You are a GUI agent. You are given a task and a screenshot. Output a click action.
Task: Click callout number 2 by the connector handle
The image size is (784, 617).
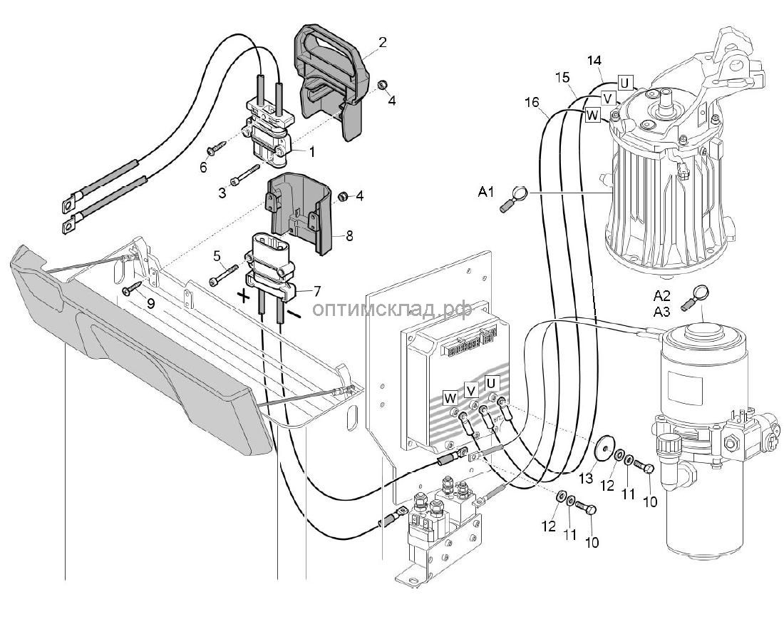[x=383, y=42]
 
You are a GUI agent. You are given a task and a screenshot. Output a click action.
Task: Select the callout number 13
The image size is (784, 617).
[x=585, y=476]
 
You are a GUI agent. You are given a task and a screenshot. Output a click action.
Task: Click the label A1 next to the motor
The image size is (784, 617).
[x=488, y=191]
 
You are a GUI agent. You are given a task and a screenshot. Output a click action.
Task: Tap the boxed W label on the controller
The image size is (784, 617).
[x=450, y=397]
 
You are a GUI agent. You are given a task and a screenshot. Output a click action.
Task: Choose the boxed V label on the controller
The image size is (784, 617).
[x=470, y=389]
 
